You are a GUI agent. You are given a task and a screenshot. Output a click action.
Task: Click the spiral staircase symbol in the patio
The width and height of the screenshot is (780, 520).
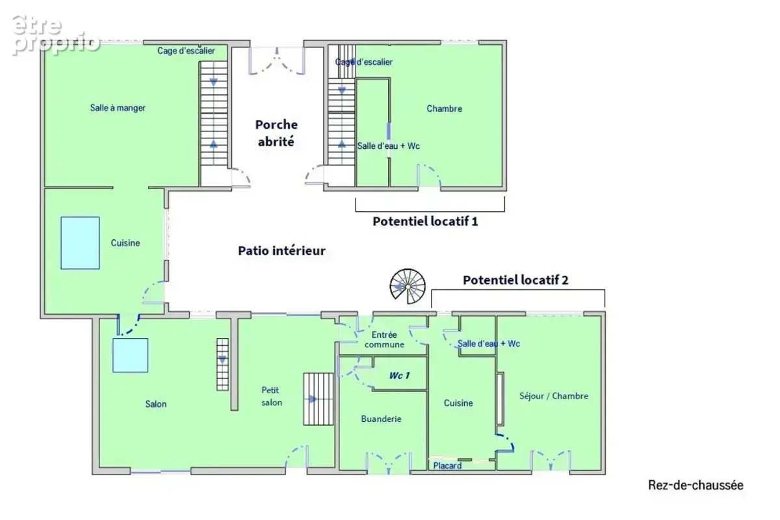408,286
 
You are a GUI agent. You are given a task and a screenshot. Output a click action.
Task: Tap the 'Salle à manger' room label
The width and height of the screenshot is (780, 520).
118,108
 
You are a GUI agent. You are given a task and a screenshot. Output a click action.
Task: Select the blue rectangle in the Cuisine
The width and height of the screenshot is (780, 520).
80,242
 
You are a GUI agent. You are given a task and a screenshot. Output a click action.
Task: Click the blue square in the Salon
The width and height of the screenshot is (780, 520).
130,355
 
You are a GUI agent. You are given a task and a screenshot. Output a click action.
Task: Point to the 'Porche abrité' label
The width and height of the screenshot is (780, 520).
276,133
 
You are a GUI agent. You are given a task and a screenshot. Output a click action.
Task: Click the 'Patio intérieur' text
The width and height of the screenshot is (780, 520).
281,250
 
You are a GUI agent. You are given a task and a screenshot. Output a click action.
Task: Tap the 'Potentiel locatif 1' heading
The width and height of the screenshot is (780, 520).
425,221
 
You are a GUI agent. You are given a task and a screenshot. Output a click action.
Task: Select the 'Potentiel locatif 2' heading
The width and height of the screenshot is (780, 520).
515,280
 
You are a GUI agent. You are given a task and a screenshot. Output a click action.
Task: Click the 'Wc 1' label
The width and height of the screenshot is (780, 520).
399,376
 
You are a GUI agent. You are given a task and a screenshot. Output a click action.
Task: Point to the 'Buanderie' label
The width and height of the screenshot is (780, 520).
381,419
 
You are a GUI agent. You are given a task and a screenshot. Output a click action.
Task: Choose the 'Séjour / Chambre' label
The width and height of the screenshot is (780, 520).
554,396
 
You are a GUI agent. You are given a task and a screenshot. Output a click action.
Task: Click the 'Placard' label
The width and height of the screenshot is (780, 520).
447,465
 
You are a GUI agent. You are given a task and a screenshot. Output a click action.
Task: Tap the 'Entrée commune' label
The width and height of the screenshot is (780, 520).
384,339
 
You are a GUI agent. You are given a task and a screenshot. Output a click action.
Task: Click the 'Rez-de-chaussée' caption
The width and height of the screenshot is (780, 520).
695,485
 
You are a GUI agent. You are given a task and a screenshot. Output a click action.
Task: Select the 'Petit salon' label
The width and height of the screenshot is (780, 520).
272,396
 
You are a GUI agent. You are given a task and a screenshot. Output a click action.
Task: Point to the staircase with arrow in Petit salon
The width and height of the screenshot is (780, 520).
318,399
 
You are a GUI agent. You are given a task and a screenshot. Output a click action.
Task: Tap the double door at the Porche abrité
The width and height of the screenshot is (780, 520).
277,60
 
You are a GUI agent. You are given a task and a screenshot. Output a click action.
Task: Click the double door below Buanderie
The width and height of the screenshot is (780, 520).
389,463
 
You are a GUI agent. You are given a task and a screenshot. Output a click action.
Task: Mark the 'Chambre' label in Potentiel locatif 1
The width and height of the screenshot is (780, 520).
445,109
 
